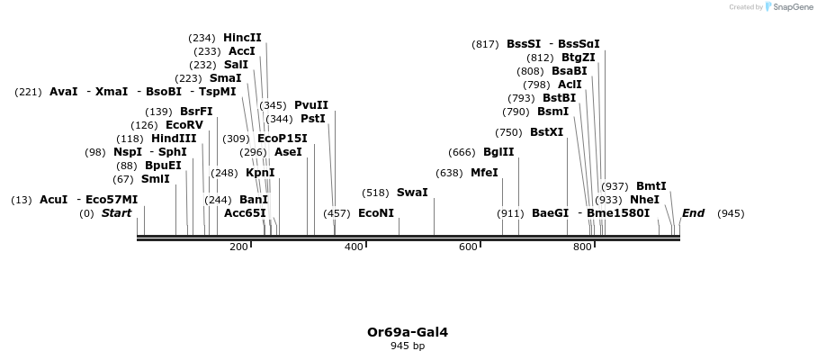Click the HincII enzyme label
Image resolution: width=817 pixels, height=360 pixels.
point(242,38)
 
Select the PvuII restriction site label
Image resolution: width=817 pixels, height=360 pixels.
point(311,105)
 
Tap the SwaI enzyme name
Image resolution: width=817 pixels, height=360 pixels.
point(412,193)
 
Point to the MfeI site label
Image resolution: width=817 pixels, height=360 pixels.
point(484,173)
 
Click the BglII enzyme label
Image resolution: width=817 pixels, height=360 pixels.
point(498,152)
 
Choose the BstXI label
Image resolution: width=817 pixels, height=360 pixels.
point(546,132)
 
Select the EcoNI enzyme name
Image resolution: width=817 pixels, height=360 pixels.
point(376,213)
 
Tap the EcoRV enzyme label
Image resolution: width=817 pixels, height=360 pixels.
point(184,125)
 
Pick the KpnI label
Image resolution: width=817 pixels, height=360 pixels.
point(260,173)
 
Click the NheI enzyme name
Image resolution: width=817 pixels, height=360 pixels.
point(644,200)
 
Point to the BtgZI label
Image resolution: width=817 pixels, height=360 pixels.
point(579,58)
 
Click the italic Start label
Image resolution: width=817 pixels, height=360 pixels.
point(116,213)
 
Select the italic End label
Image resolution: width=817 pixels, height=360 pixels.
point(693,213)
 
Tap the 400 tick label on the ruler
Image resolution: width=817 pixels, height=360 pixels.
point(354,247)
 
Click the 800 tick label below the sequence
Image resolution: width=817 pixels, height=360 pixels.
point(582,247)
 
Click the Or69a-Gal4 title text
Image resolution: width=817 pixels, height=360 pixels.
point(408,332)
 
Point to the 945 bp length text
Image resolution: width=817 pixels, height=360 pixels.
point(408,346)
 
